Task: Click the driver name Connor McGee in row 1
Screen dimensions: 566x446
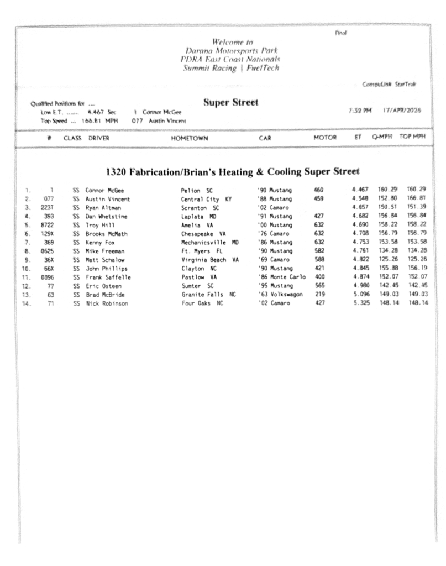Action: [x=104, y=190]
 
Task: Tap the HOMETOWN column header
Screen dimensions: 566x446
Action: [x=190, y=138]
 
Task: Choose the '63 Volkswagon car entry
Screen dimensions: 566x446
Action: [x=280, y=295]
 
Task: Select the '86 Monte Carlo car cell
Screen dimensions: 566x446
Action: [x=281, y=277]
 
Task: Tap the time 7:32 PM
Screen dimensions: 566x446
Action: [x=360, y=111]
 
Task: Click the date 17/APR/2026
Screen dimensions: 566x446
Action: [x=401, y=111]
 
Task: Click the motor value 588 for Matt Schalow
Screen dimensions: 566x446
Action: [x=319, y=260]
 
